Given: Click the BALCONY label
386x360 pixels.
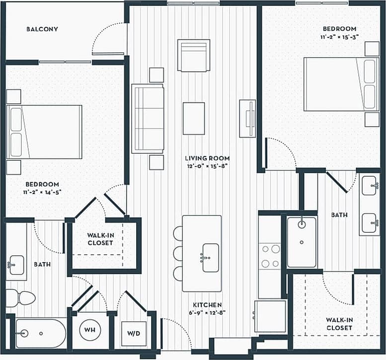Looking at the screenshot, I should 42,29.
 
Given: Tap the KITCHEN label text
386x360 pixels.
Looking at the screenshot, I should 207,304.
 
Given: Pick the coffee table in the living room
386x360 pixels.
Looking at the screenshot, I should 193,118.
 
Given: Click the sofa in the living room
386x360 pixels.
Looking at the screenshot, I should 148,118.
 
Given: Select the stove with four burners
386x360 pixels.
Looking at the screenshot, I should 270,256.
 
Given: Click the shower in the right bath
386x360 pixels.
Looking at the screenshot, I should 302,241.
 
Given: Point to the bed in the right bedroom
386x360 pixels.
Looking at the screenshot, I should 340,84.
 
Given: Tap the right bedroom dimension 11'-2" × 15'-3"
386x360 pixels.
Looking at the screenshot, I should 340,37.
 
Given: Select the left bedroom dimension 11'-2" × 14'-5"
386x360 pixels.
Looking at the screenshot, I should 42,192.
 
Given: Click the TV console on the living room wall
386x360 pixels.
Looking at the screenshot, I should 247,118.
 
